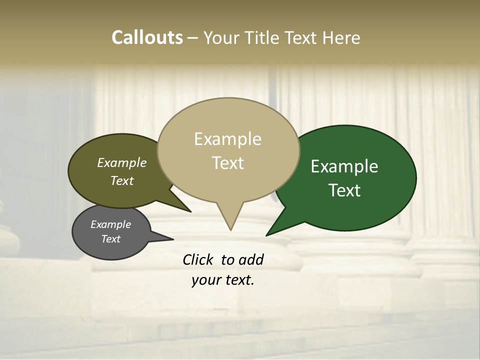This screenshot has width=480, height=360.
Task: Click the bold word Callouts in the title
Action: (147, 37)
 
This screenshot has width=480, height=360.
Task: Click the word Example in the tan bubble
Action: (227, 139)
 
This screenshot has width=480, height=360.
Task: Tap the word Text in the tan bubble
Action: (228, 163)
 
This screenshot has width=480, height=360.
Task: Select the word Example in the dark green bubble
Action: (344, 166)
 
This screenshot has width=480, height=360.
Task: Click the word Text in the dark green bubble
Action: (345, 190)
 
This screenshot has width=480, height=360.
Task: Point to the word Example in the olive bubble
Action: (122, 163)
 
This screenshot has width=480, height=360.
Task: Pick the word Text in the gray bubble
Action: (111, 239)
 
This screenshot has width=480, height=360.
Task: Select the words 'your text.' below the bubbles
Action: (223, 280)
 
